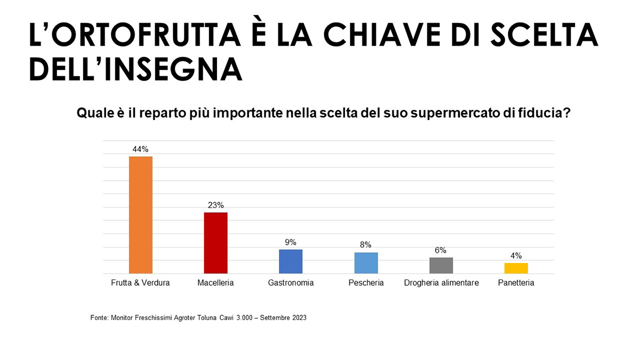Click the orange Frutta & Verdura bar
click(x=141, y=215)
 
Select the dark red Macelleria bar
click(x=216, y=243)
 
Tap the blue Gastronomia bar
click(x=291, y=261)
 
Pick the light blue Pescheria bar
click(x=366, y=263)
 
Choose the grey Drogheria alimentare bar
click(x=441, y=266)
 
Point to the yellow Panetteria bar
click(x=516, y=268)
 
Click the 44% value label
click(x=141, y=149)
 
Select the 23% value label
click(x=216, y=205)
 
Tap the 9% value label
click(x=291, y=242)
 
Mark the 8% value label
click(x=366, y=245)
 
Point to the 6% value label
click(x=441, y=250)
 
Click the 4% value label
click(x=516, y=255)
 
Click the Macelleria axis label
click(x=215, y=283)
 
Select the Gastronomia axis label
click(x=291, y=283)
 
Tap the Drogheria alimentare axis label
click(x=441, y=283)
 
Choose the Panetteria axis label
click(x=516, y=283)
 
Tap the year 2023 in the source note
click(x=297, y=318)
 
